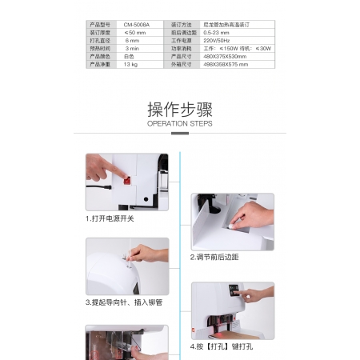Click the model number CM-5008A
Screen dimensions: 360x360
coord(137,26)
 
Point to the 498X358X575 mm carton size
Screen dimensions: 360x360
coord(227,63)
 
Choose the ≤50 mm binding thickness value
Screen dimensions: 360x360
coord(135,33)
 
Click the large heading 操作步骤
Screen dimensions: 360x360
coord(179,110)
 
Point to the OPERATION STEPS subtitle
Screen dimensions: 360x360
coord(179,125)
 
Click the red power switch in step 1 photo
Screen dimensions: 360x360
coord(126,178)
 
